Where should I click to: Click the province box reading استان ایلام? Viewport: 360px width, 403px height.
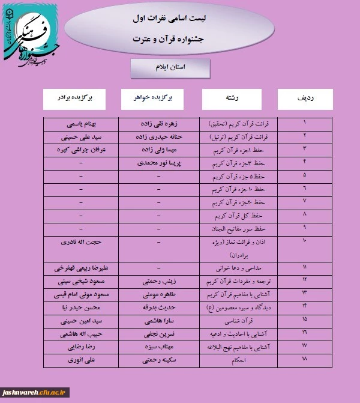click(x=170, y=68)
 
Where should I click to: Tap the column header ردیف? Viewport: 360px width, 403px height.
click(x=305, y=98)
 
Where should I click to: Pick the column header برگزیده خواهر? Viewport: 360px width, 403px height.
click(x=158, y=98)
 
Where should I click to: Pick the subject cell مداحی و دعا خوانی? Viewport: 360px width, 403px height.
click(x=234, y=267)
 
